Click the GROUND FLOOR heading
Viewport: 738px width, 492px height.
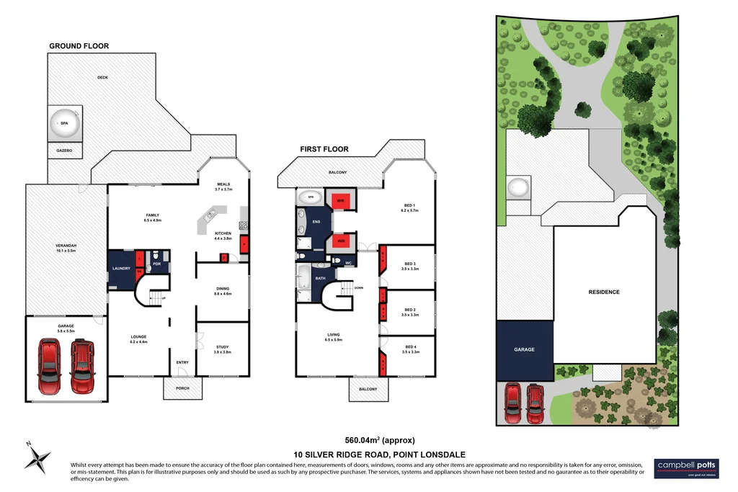click(x=79, y=46)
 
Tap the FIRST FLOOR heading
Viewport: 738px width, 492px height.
click(x=324, y=149)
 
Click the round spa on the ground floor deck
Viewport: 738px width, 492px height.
click(x=63, y=123)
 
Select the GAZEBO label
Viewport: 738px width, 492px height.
click(x=63, y=151)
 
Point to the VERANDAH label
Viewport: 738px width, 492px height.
click(x=66, y=247)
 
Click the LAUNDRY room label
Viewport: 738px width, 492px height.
click(x=120, y=268)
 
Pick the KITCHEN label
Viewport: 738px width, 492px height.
click(x=223, y=234)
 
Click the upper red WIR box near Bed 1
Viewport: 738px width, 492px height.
click(x=342, y=200)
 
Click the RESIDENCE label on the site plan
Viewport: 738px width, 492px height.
click(x=604, y=292)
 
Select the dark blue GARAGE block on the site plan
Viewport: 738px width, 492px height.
click(x=524, y=350)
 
